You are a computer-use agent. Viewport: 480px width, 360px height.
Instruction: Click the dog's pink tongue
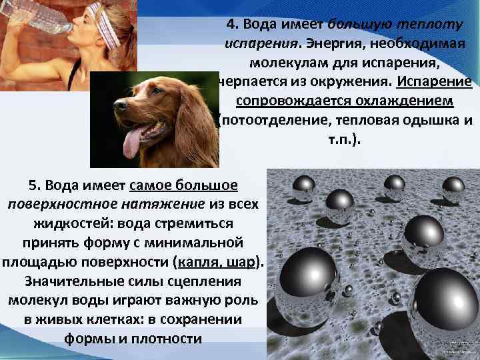click(x=131, y=141)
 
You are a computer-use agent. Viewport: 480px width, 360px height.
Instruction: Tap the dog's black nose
click(x=121, y=105)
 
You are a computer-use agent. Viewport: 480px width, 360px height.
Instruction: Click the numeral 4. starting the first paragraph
click(x=233, y=25)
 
